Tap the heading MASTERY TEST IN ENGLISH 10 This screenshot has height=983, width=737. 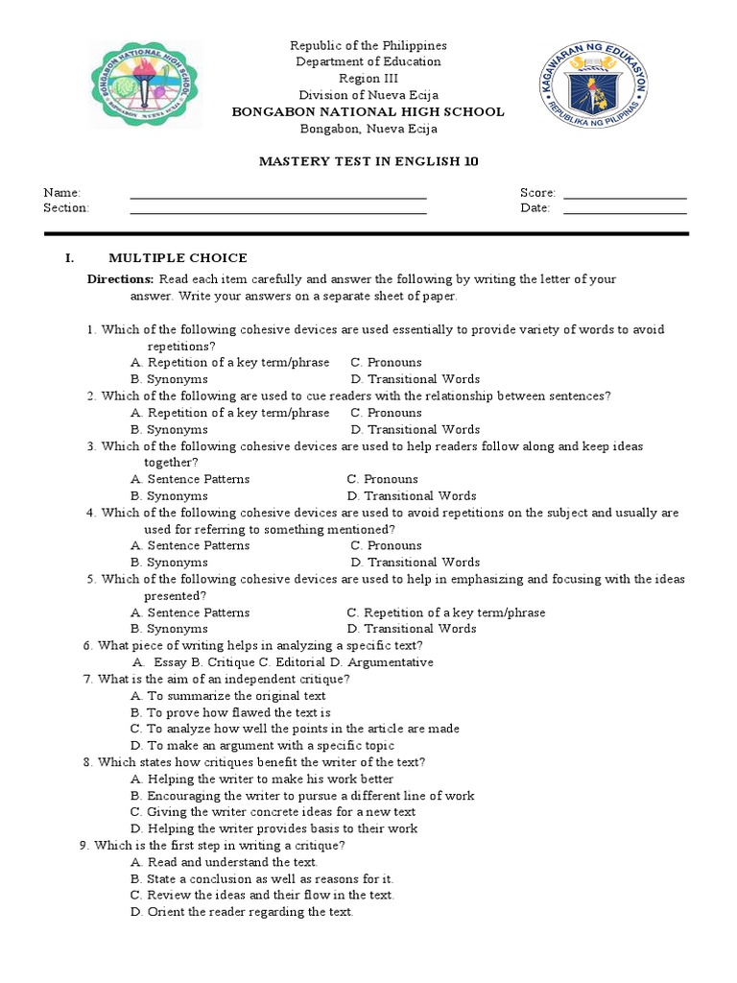coord(368,161)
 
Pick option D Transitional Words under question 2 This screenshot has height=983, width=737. coord(415,430)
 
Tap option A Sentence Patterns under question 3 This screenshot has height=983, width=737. coord(190,479)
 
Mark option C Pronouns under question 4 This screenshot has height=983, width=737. coord(386,545)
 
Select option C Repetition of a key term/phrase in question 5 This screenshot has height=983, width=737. coord(446,612)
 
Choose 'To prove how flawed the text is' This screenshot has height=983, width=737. coord(230,712)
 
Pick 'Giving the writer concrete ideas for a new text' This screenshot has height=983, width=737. coord(273,812)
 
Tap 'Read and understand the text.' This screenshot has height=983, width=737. coord(224,862)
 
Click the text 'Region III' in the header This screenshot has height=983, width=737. coord(368,79)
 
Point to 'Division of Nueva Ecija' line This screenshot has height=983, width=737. coord(368,95)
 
